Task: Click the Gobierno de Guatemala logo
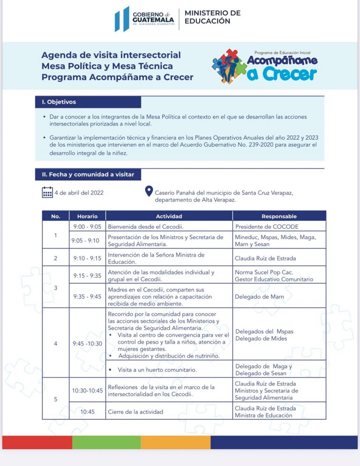click(x=145, y=19)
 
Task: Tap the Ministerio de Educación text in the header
click(x=212, y=17)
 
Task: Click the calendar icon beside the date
click(x=47, y=192)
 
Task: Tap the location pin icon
click(x=149, y=191)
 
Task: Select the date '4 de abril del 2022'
click(x=79, y=193)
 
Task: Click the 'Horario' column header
click(x=87, y=216)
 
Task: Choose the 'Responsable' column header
click(x=279, y=216)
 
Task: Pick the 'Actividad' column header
click(x=169, y=216)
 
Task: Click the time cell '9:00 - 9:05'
click(x=87, y=226)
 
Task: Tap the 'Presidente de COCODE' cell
click(x=267, y=227)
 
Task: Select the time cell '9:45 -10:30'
click(x=87, y=343)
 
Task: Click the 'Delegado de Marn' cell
click(x=257, y=296)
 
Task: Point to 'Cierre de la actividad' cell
click(x=135, y=412)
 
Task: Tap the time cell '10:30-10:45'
click(x=87, y=390)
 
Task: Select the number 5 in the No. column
click(x=56, y=399)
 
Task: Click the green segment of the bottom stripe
click(x=106, y=442)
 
